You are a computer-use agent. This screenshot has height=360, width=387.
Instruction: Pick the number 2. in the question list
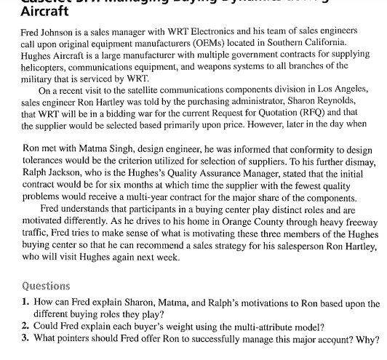click(x=25, y=325)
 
